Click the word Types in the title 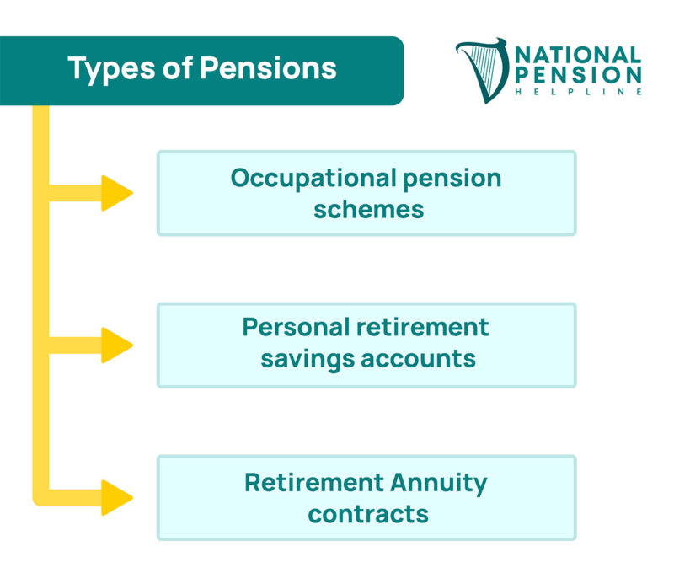[x=105, y=69]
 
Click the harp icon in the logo [x=483, y=70]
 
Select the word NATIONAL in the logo [x=577, y=56]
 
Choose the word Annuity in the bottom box [x=438, y=484]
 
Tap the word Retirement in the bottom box [x=313, y=484]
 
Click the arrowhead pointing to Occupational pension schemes [x=116, y=193]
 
